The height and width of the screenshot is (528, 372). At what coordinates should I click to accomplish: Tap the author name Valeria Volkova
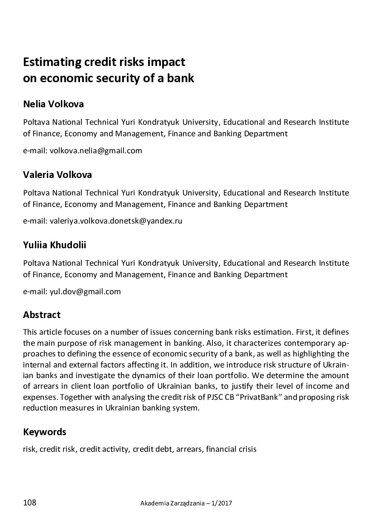(x=57, y=175)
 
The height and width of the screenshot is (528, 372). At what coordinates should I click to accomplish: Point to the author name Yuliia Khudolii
(x=55, y=245)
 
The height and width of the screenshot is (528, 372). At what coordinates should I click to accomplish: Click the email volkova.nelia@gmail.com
(x=96, y=150)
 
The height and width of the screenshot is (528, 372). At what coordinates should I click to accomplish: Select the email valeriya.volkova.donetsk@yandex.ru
(x=116, y=221)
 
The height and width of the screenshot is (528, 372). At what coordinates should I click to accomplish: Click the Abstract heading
(x=42, y=315)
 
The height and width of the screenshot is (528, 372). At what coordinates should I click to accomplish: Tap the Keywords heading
(x=45, y=432)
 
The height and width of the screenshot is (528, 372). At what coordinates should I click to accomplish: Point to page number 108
(x=30, y=503)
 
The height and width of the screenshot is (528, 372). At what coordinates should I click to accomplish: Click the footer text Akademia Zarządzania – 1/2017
(x=186, y=503)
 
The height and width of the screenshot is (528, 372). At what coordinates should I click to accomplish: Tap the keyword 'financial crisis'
(x=231, y=449)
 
